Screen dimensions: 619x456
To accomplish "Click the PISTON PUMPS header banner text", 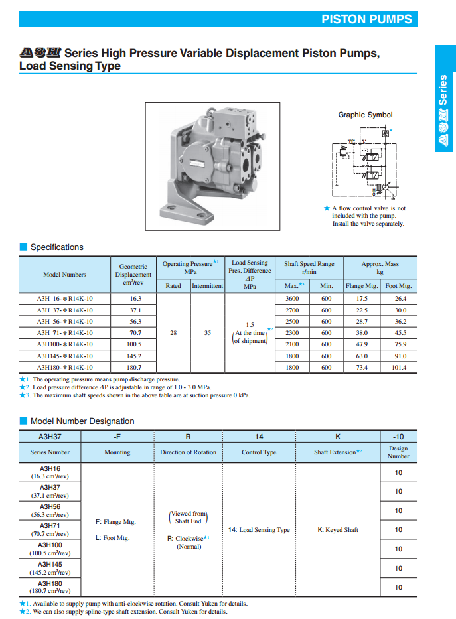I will pos(366,19).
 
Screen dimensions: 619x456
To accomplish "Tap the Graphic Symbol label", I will pos(365,115).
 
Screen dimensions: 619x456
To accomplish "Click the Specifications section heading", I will pos(57,247).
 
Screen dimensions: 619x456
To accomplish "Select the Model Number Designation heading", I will pos(82,421).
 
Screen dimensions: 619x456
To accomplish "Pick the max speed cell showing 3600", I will pos(292,299).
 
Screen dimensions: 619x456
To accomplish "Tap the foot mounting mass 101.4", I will pos(400,367).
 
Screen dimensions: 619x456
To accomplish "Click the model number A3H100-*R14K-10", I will pos(64,344).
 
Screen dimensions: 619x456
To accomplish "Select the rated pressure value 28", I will pos(173,333).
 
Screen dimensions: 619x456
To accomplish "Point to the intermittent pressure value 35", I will pos(208,333).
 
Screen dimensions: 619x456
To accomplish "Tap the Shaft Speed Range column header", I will pos(309,267).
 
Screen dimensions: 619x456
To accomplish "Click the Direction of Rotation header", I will pos(189,452).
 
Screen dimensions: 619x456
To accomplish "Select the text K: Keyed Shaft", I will pos(339,530).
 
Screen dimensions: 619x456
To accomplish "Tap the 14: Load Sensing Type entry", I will pos(259,530).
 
